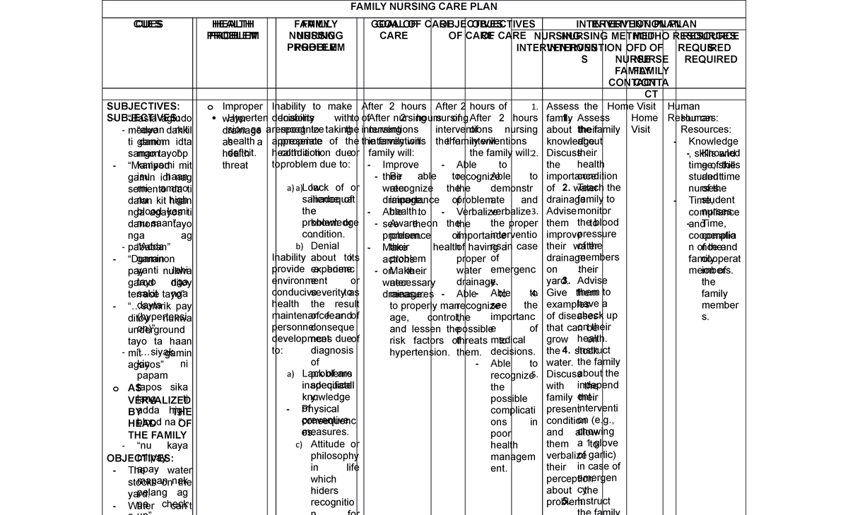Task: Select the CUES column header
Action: pos(148,25)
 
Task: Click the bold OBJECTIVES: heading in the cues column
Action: pos(140,458)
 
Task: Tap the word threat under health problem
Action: pos(235,165)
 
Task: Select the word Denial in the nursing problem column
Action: pos(324,246)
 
